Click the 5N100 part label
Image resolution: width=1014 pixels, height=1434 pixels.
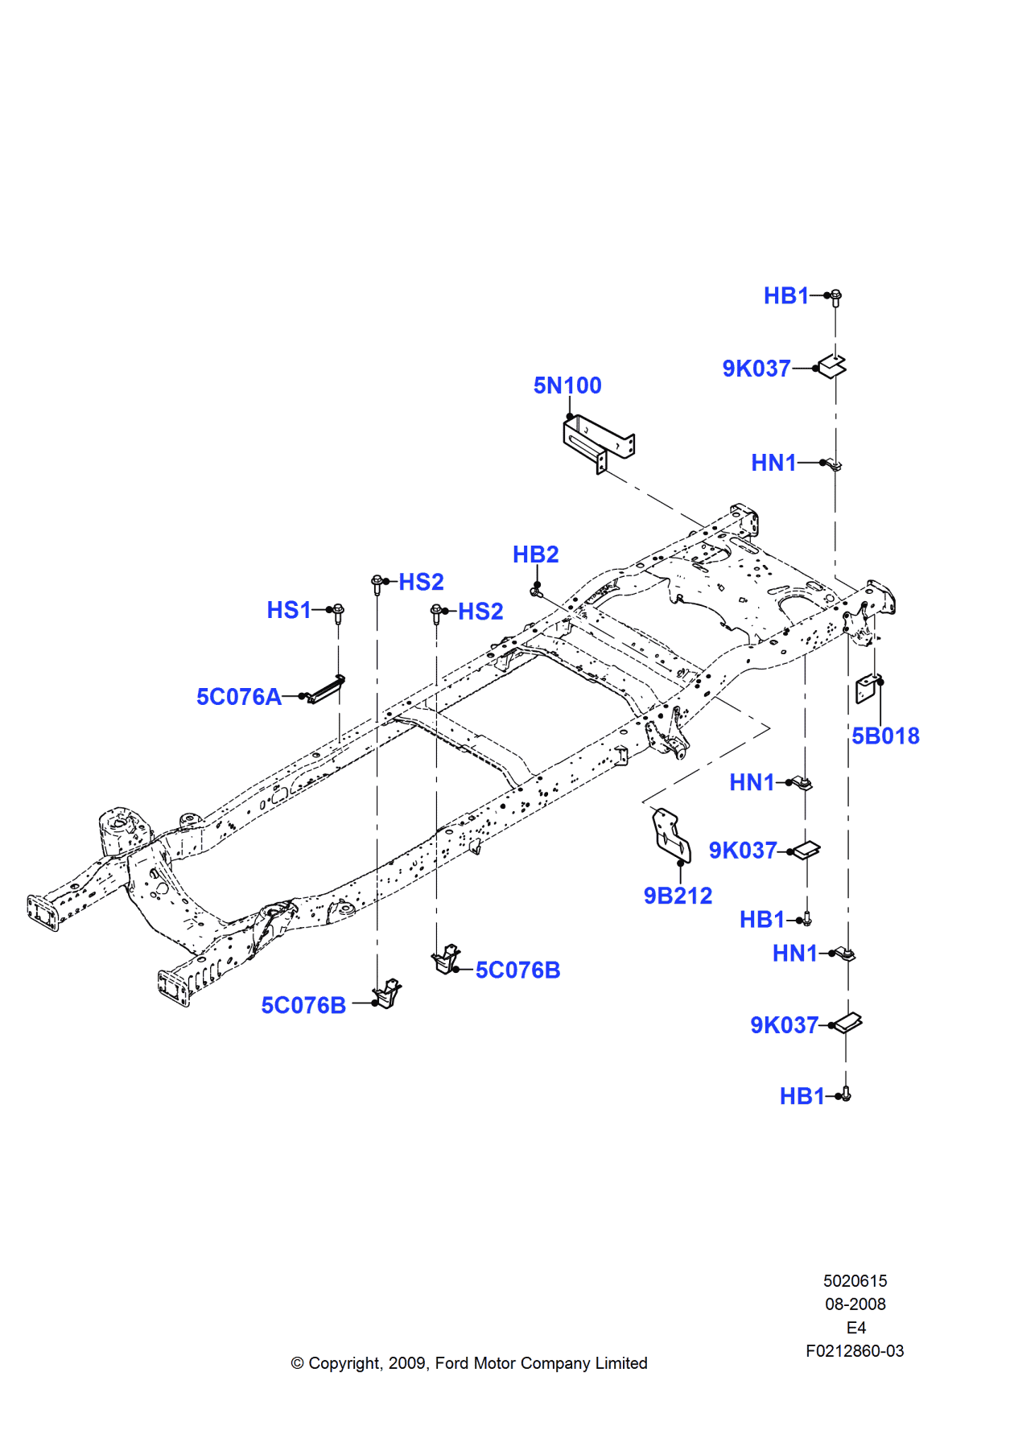567,385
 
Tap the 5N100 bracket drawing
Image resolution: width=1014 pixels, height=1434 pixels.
598,442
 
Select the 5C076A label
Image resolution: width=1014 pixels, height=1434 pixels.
239,697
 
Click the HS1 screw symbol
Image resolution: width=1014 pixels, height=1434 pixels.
338,613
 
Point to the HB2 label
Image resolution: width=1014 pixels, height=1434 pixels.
535,554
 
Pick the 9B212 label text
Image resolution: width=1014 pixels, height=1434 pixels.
678,896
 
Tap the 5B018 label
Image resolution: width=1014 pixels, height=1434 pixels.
885,736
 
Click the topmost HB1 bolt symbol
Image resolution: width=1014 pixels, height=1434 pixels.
835,297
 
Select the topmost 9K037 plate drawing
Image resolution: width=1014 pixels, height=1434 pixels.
833,366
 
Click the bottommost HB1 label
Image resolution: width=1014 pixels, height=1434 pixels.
802,1096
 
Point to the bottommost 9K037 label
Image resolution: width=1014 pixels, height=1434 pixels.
784,1025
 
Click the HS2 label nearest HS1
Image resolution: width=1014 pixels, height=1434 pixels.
421,582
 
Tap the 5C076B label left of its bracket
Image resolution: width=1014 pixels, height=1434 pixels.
303,1005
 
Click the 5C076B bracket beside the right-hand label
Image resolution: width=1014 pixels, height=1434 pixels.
446,959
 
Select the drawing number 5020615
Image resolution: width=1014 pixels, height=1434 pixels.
855,1280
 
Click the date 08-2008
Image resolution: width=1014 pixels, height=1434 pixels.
855,1304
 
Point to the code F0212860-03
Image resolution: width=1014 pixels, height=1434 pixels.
855,1351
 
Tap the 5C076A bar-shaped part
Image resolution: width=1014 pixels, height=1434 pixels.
326,690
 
